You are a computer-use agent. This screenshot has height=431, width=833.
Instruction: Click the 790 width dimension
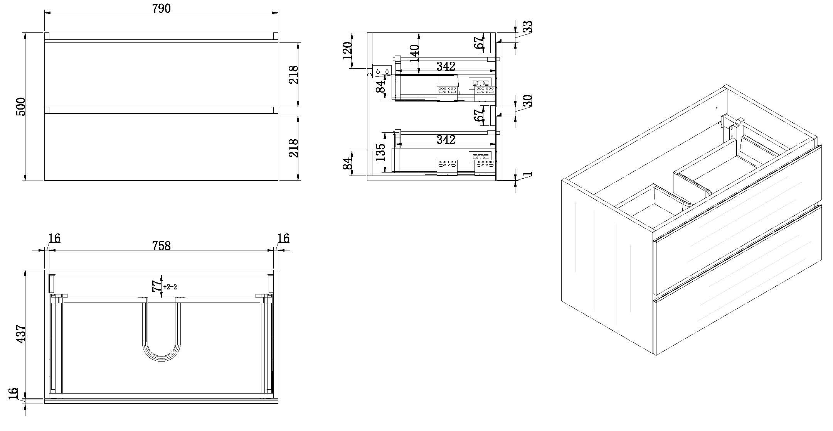click(x=162, y=8)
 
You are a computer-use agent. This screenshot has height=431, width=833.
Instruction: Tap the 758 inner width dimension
click(x=161, y=245)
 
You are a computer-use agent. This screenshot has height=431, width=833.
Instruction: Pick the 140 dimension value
click(x=414, y=53)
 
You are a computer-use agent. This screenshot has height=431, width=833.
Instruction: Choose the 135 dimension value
click(x=380, y=152)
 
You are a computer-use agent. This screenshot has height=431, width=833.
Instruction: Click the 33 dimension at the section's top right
click(x=527, y=26)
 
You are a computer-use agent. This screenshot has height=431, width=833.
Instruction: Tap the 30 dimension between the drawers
click(x=527, y=100)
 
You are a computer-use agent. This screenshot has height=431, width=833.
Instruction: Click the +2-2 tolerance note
click(x=170, y=287)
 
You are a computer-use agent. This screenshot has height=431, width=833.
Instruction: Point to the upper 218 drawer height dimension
click(x=293, y=75)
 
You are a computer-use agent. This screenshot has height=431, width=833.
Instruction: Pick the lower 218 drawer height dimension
click(x=293, y=148)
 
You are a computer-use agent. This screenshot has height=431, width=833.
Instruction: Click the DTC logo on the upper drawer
click(x=481, y=83)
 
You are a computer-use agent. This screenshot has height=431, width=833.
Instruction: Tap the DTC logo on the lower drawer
click(x=481, y=156)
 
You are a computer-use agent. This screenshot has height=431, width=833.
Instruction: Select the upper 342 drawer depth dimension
click(x=446, y=66)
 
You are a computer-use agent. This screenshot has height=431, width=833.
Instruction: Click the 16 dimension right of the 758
click(x=283, y=238)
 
